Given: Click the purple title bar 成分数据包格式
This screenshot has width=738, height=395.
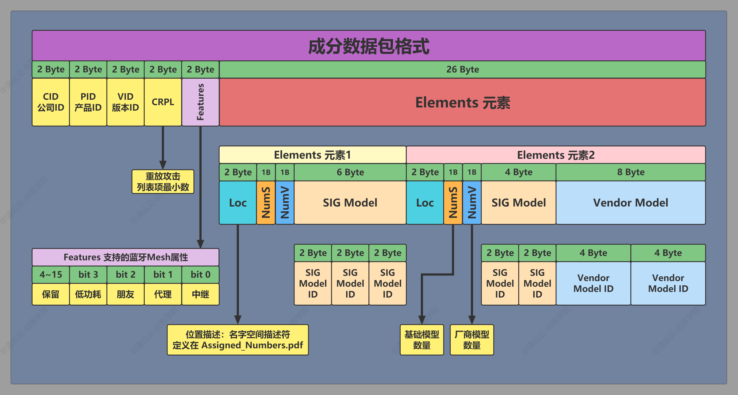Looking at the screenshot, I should [369, 46].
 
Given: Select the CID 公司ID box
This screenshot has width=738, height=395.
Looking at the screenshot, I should [51, 102].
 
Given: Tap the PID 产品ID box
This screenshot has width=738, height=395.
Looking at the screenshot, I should [88, 102].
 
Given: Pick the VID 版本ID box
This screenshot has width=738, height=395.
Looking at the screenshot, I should [125, 102].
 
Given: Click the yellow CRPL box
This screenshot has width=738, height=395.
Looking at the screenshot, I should [163, 102].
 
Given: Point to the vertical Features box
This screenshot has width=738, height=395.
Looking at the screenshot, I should [200, 102].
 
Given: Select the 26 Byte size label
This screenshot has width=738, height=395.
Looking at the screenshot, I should [462, 69].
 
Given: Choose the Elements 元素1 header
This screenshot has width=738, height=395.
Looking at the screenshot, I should [312, 155].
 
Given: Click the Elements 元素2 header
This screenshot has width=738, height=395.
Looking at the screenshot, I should [556, 155].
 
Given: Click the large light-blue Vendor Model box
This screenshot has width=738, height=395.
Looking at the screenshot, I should [631, 203].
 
